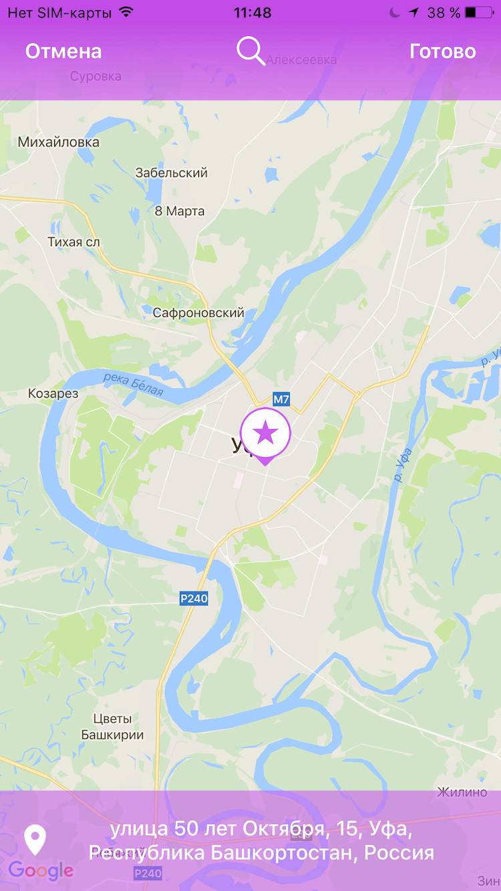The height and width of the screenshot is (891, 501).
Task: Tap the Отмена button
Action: click(x=63, y=51)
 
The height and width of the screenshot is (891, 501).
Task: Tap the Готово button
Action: click(x=442, y=51)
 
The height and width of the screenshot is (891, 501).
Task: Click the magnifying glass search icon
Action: click(x=251, y=51)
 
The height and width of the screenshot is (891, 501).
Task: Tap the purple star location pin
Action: click(x=265, y=433)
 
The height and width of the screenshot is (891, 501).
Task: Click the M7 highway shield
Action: click(x=281, y=400)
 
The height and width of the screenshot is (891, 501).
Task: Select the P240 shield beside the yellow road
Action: click(x=194, y=598)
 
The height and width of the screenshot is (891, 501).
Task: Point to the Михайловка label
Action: click(x=59, y=142)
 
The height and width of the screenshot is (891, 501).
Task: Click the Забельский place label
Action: click(x=171, y=172)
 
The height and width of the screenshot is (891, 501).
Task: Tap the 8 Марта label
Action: click(x=180, y=211)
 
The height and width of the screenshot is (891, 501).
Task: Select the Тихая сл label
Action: click(x=73, y=241)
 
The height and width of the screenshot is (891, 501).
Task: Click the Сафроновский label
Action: click(x=198, y=313)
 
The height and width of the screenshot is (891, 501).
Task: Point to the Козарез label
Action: click(x=53, y=394)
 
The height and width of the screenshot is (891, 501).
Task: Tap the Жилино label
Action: click(x=462, y=792)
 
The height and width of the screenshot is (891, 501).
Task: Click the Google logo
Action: click(x=41, y=870)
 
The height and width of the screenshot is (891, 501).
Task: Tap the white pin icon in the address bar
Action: click(x=35, y=840)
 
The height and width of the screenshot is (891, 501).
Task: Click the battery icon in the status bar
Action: click(x=480, y=13)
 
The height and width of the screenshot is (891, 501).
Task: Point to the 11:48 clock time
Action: click(x=253, y=13)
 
